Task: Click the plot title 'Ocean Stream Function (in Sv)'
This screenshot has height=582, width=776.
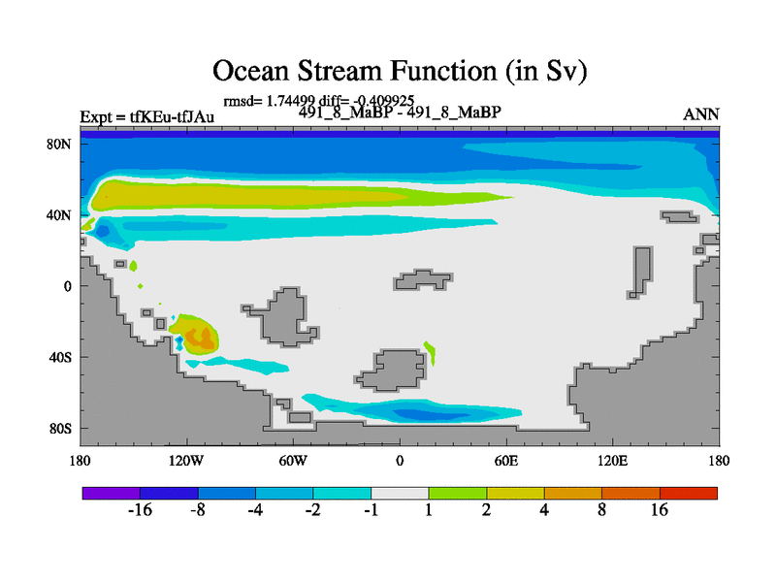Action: coord(400,71)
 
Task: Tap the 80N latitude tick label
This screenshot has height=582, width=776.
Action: coord(59,144)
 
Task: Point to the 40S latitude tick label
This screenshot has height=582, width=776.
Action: coord(60,357)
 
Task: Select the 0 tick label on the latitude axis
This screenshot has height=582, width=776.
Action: coord(67,286)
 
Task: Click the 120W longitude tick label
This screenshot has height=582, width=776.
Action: coord(186,461)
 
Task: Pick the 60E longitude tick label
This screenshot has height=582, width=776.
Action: coord(506,461)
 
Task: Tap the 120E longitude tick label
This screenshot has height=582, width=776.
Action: coord(613,461)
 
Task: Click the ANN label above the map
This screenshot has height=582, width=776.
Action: coord(700,114)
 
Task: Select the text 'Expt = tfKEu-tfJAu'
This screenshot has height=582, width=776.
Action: coord(147,116)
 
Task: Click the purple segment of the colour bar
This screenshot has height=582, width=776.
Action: coord(112,493)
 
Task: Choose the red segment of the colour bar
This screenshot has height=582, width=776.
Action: coord(689,493)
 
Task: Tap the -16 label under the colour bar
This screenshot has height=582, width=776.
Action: coord(140,510)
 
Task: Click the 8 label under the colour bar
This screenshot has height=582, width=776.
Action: coord(601,510)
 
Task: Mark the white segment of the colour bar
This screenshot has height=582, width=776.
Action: coord(400,493)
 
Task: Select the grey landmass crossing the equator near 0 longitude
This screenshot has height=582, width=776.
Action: coord(422,280)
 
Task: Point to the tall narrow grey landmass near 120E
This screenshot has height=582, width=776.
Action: coord(641,273)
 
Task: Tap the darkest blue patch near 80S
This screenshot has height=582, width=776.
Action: coord(430,413)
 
